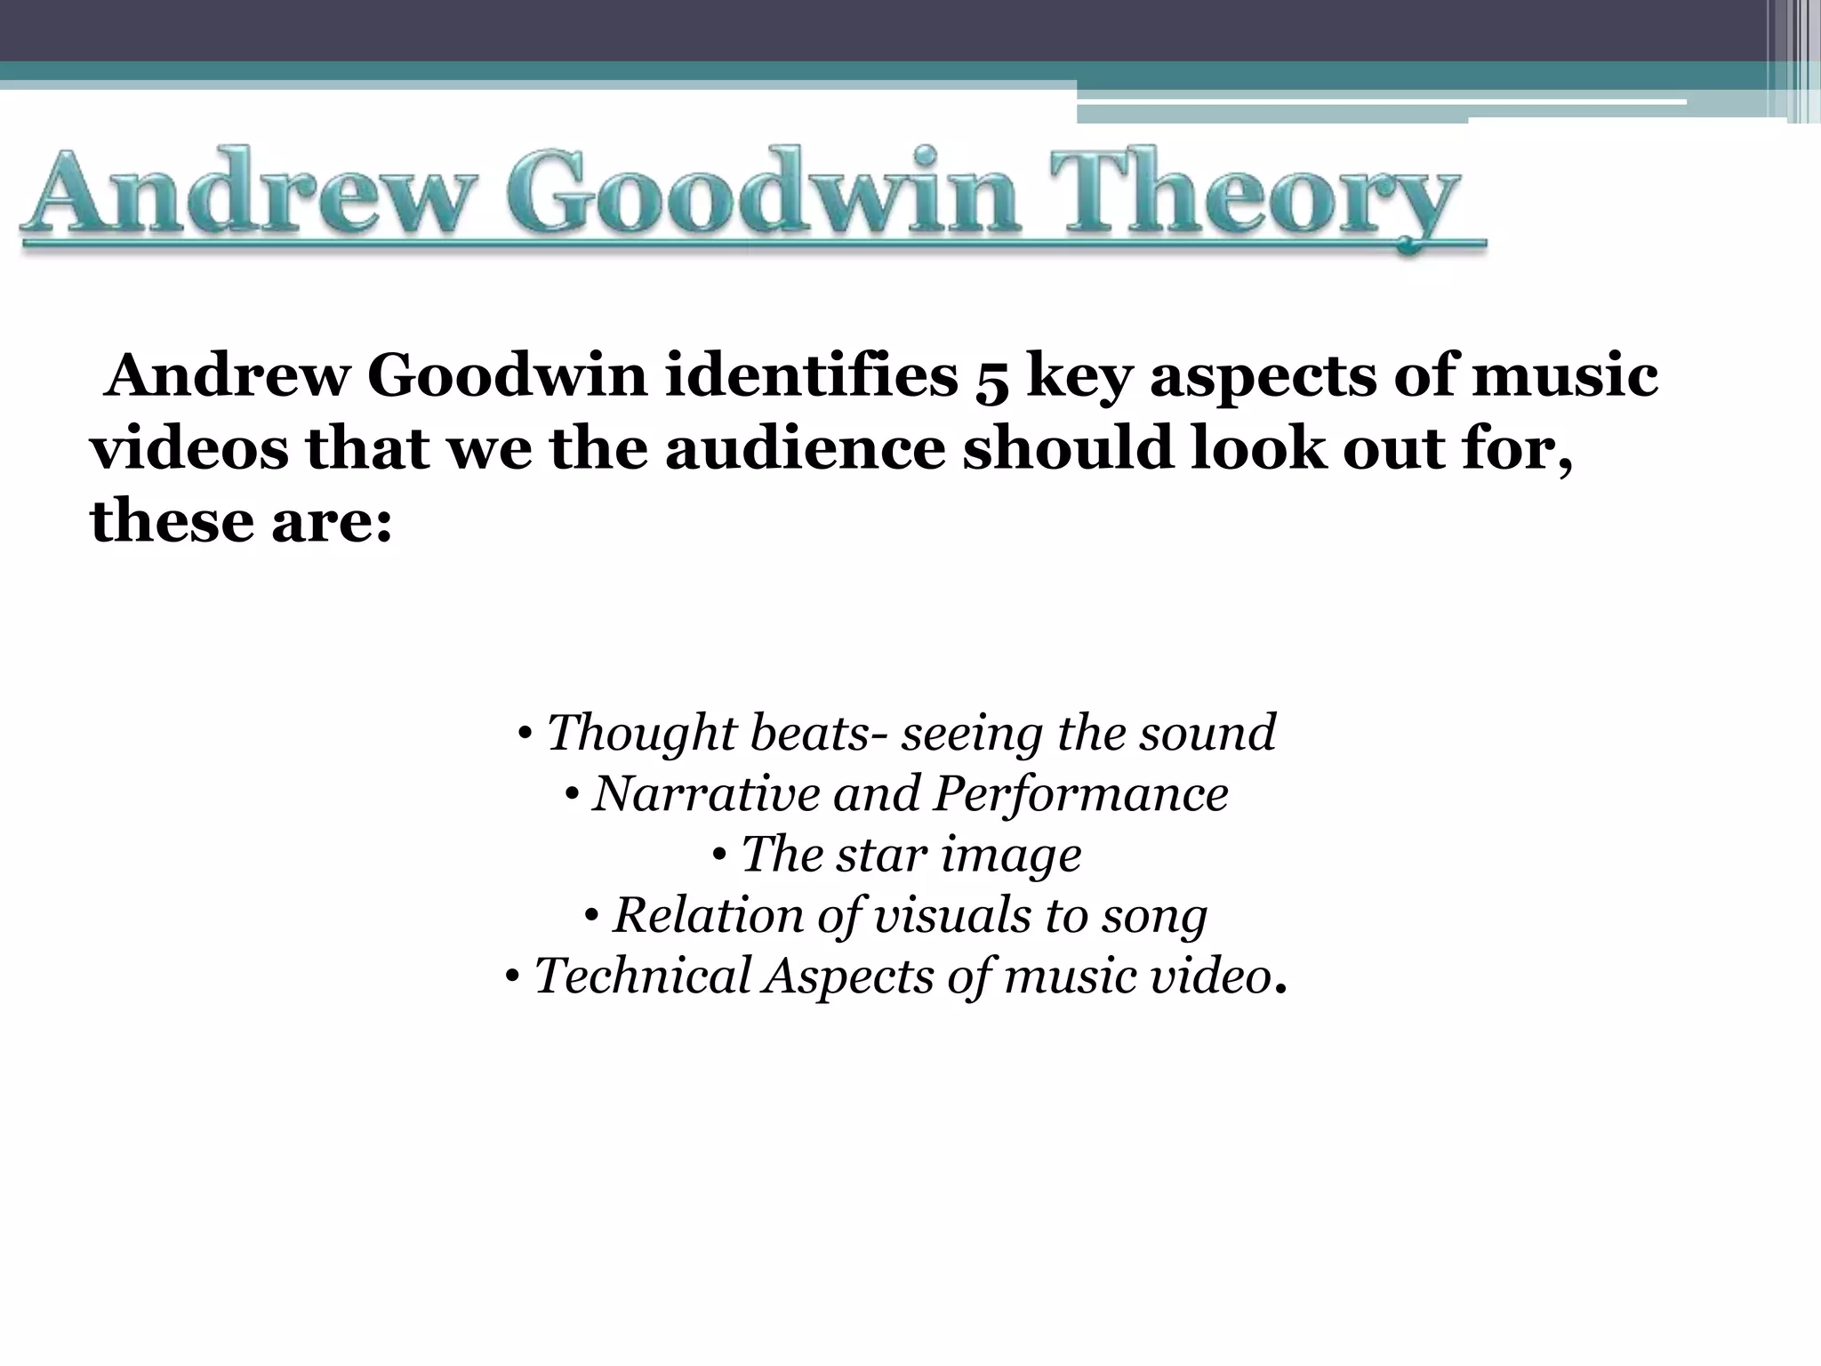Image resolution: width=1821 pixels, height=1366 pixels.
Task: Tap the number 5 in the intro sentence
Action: tap(992, 379)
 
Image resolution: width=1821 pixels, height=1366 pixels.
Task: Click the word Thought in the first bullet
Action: tap(641, 733)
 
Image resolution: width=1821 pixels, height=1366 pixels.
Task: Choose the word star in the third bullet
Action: tap(878, 854)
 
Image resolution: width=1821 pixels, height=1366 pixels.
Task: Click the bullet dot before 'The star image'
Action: tap(720, 856)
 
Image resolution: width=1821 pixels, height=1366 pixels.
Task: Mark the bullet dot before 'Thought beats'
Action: tap(525, 735)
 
